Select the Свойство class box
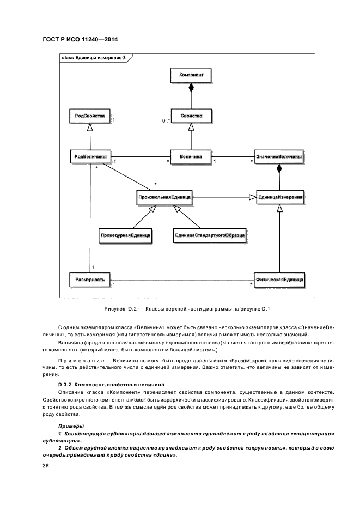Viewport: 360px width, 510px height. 191,116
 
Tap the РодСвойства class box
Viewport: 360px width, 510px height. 90,116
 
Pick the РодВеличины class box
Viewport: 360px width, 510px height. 90,156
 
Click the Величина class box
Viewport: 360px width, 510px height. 191,156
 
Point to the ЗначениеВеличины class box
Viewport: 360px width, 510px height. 279,156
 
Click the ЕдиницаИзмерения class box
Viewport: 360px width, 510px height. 279,197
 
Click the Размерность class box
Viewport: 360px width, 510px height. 90,280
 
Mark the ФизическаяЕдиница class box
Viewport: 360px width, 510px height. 279,280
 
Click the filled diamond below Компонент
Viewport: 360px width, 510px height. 191,88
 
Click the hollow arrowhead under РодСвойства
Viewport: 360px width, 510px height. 90,127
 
